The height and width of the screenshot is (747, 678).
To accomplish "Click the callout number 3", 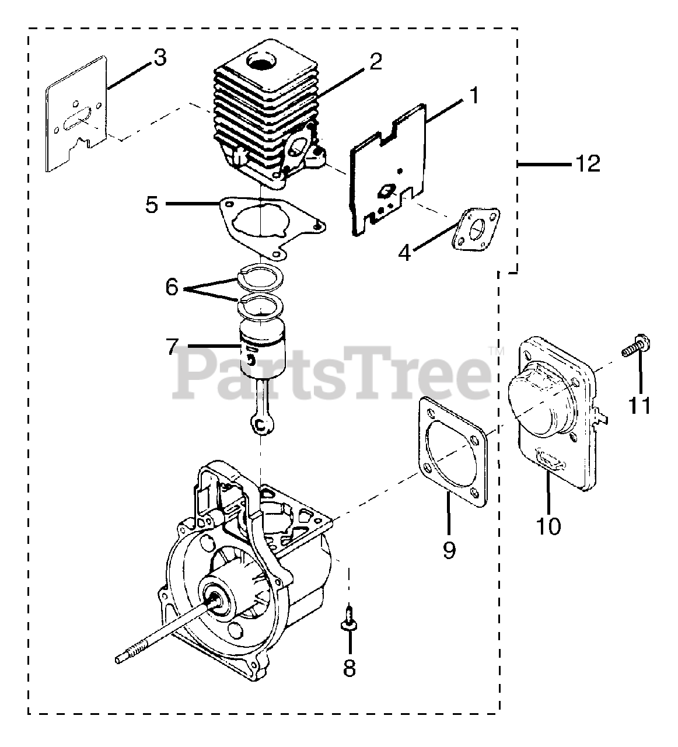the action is pos(159,57).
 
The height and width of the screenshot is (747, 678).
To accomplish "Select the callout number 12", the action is pos(588,163).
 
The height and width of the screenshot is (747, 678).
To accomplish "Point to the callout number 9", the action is pos(449,549).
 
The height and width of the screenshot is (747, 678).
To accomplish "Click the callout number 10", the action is pos(548,525).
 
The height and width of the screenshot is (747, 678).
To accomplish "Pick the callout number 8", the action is pos(349,668).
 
